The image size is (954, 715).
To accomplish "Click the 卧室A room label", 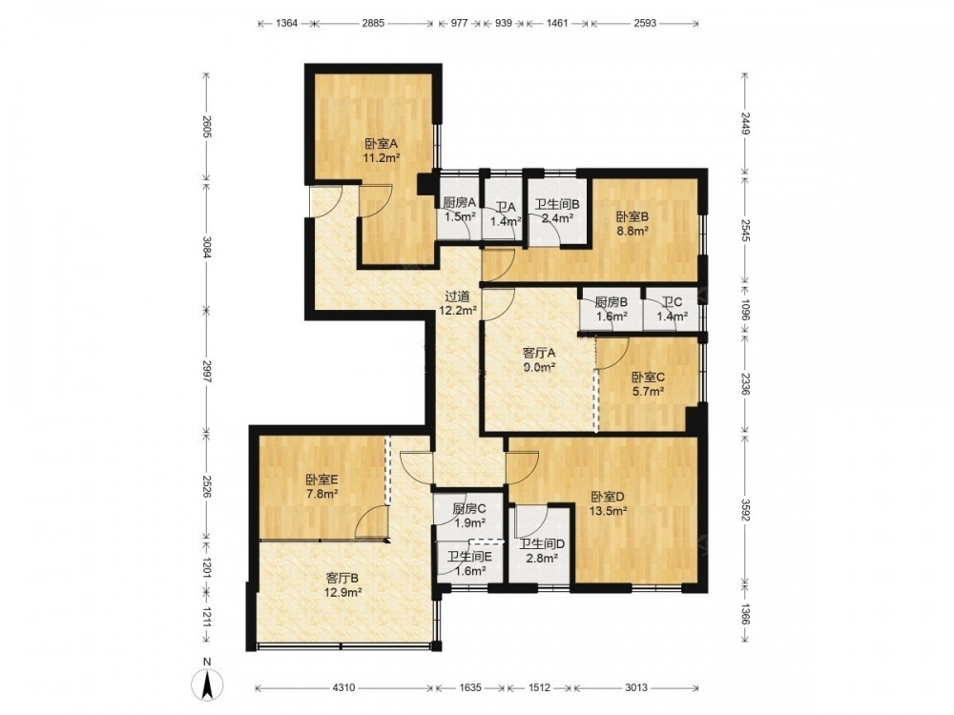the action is [381, 144].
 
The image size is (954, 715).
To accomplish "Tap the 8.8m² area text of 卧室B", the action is [633, 231].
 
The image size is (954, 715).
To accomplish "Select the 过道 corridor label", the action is [457, 296].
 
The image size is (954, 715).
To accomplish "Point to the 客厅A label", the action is [540, 353].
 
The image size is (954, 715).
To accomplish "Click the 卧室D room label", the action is [607, 497].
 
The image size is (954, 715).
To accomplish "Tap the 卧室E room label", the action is [321, 480].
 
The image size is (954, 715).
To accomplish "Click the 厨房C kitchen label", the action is [468, 509].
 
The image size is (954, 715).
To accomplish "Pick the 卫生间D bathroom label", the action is [542, 543].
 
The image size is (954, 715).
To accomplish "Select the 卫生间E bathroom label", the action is [469, 557].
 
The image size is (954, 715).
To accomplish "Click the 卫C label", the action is [673, 302].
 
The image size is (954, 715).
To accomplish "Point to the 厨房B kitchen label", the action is [612, 302].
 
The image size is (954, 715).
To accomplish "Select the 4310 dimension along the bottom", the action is [343, 687].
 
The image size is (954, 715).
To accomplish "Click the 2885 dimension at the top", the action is [373, 23].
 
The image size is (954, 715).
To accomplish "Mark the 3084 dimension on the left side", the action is [207, 248].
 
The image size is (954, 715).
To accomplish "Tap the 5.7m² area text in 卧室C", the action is [648, 392].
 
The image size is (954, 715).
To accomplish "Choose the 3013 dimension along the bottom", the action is [636, 687].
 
